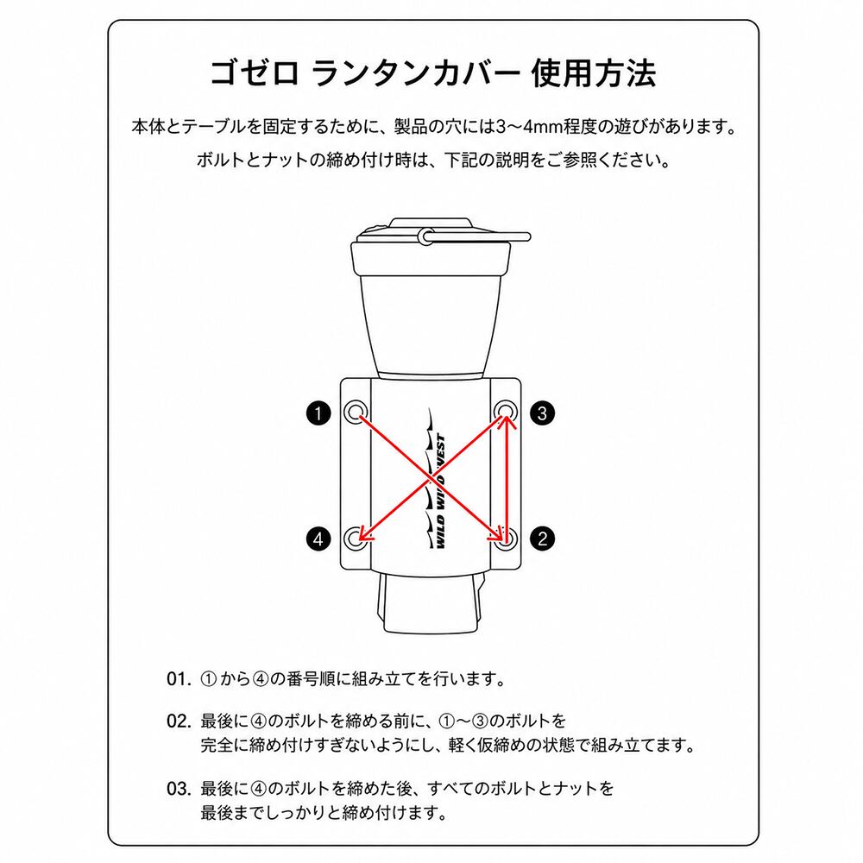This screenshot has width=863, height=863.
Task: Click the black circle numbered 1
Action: click(x=318, y=413)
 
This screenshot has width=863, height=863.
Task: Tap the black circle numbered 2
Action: click(x=543, y=539)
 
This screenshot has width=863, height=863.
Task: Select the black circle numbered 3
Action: click(x=543, y=413)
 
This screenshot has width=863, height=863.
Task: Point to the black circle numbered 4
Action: click(x=318, y=539)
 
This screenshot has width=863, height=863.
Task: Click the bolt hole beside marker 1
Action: click(x=356, y=411)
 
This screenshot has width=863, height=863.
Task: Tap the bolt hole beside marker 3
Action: click(x=505, y=411)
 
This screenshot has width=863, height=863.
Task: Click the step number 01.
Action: click(x=179, y=679)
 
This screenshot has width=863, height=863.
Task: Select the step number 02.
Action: click(x=179, y=721)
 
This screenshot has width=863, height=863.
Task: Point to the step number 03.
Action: click(x=179, y=789)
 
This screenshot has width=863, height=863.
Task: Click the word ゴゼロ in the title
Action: click(x=255, y=73)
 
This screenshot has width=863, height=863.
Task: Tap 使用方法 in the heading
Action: click(x=594, y=73)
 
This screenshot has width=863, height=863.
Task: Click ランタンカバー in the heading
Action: click(x=415, y=73)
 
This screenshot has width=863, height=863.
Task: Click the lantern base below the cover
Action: click(x=431, y=604)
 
